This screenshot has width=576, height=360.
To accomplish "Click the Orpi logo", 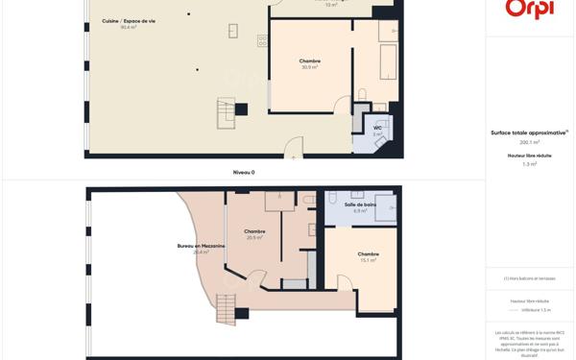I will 530,9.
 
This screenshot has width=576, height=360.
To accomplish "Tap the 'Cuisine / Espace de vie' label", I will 129,23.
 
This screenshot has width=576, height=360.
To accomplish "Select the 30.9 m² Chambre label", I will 309,63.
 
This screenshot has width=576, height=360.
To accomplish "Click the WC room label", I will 377,130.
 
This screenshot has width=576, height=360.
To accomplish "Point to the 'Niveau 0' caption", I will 244,172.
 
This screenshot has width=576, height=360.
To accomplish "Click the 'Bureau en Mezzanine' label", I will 201,248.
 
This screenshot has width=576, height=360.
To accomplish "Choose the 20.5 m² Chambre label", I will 254,233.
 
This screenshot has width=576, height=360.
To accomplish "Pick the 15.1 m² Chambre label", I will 368,256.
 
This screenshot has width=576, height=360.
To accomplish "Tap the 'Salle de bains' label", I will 360,206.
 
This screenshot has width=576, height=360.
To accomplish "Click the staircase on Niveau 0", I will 227,112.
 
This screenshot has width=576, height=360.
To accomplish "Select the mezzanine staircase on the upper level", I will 226,309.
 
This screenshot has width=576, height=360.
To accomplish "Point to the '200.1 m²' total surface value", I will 530,142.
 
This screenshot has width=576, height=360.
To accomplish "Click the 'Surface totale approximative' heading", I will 529,132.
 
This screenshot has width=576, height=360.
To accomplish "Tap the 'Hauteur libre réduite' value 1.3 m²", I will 530,164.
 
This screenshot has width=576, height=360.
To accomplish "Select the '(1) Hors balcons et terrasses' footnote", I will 530,278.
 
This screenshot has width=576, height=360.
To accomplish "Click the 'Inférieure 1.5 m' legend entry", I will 535,310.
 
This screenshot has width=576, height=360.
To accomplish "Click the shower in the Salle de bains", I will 385,207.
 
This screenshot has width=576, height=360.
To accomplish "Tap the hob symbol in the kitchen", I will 262,40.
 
